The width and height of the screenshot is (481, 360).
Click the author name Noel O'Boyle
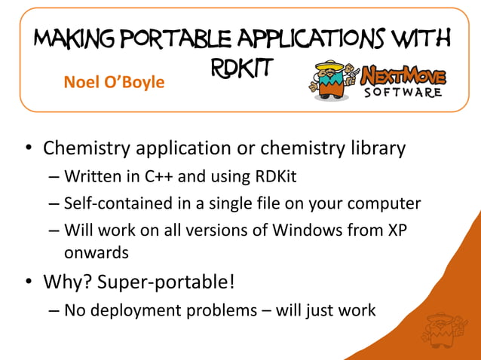(114, 81)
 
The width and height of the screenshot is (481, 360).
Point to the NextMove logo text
(403, 75)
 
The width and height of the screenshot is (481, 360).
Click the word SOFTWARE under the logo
(403, 93)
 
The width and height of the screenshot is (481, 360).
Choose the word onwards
(97, 252)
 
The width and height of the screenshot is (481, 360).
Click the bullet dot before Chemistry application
(28, 149)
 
